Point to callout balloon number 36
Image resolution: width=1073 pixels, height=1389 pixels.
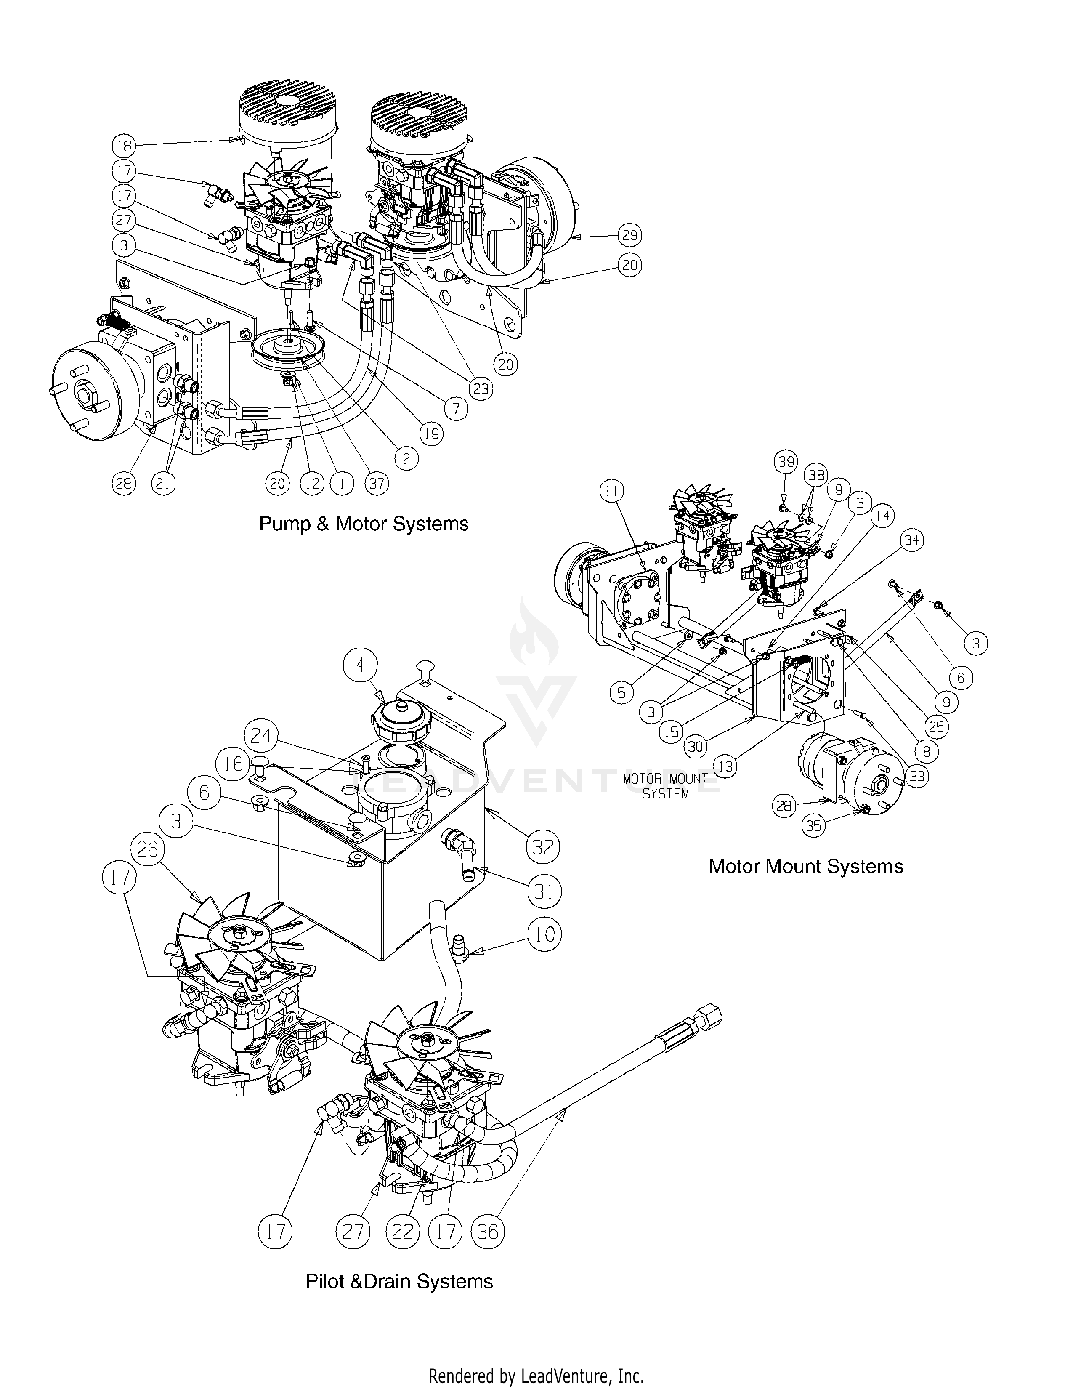coord(488,1232)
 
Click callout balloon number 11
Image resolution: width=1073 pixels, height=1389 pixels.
coord(613,490)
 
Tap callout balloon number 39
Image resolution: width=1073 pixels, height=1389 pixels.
coord(786,461)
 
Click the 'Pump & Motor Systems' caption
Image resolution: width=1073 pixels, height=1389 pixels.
coord(364,524)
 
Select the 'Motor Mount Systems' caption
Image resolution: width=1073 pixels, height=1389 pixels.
coord(805,866)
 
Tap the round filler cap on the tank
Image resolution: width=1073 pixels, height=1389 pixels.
coord(398,719)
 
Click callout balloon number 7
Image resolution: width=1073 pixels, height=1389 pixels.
coord(456,409)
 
